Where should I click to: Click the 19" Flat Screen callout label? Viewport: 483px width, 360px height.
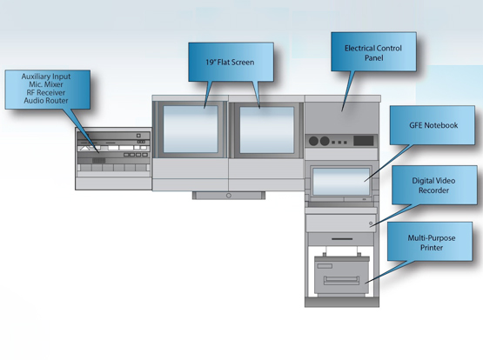tap(231, 62)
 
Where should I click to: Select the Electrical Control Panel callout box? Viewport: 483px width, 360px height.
tap(373, 51)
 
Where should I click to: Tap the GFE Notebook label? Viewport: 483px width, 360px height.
tap(433, 125)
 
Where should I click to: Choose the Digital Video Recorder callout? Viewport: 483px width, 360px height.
tap(434, 185)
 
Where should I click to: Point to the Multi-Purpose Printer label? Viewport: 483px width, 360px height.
tap(432, 243)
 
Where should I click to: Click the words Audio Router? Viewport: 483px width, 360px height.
tap(46, 101)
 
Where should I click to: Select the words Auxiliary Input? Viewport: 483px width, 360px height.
tap(46, 77)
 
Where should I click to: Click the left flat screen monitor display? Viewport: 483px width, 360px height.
tap(191, 129)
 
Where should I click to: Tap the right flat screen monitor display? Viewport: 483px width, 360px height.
tap(267, 130)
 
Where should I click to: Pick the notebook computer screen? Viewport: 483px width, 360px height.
tap(340, 181)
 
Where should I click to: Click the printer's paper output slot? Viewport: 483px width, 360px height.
tap(341, 280)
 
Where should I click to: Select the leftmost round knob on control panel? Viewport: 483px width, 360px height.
tap(313, 141)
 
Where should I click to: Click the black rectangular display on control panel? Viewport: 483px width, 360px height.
tap(364, 141)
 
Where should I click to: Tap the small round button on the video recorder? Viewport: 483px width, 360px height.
tap(371, 223)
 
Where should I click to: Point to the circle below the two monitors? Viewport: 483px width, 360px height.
tap(229, 196)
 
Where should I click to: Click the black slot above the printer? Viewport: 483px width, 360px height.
tap(342, 239)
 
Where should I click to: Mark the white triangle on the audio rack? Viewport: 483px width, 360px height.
tap(84, 149)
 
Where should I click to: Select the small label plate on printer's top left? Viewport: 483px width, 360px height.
tap(325, 266)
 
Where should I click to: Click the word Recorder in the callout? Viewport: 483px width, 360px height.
tap(433, 190)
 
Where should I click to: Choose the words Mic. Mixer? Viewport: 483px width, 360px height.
tap(46, 84)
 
